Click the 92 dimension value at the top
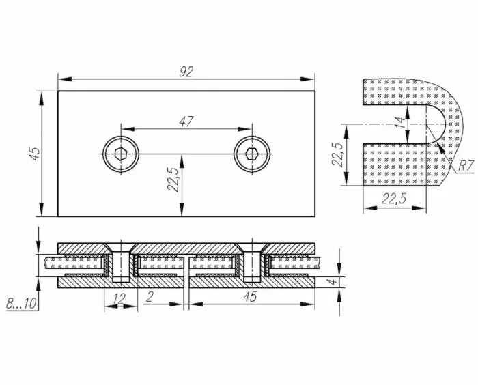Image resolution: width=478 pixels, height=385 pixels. coord(186,72)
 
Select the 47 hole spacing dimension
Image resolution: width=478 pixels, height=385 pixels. coord(186,122)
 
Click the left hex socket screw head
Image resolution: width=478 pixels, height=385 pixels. coord(121,154)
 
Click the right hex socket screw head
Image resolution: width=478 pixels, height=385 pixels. coord(252,154)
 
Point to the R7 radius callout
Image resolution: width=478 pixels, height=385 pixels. coord(466,167)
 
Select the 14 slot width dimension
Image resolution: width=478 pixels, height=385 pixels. coord(402,122)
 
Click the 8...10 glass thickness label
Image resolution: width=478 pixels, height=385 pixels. coord(21,303)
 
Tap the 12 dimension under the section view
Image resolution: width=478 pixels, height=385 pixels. coord(119,299)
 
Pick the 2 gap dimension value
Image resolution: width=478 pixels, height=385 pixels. coord(150,297)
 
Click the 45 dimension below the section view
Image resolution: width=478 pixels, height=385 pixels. coord(251,296)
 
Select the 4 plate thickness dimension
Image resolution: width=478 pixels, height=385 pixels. coord(333,281)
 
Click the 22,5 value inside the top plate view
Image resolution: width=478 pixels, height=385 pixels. coord(173,180)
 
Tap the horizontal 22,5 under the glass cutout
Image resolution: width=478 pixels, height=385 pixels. coord(394,199)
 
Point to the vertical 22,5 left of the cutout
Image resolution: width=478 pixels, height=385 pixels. coord(337,154)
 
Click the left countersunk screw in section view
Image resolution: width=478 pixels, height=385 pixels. coord(121,263)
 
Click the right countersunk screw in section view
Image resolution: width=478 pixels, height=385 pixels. coord(253,263)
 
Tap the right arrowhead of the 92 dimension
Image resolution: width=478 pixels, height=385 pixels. coord(307,79)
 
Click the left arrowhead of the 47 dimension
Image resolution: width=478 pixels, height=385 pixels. coord(128,129)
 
